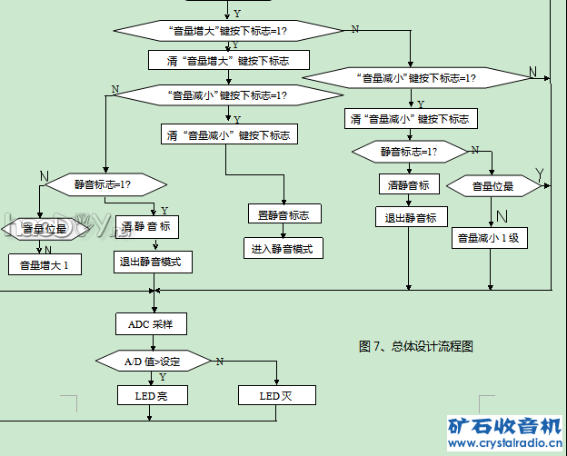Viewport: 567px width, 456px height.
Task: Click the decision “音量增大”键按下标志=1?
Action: (228, 31)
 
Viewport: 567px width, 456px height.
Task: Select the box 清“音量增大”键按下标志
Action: (228, 60)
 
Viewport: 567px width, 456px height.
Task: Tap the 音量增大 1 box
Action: (45, 265)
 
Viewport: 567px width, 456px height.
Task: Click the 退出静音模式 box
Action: (153, 263)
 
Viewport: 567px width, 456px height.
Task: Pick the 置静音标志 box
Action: (283, 215)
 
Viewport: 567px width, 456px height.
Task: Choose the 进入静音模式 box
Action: (283, 247)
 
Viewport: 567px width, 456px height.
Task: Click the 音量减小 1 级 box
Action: (492, 238)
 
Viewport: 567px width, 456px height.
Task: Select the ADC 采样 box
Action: (151, 323)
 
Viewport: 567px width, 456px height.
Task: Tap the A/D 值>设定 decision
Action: (152, 361)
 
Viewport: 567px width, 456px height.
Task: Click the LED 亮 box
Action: (151, 395)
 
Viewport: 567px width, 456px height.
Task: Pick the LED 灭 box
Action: (275, 395)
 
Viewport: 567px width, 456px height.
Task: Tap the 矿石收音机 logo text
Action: (504, 425)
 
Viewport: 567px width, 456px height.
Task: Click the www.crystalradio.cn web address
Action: (504, 443)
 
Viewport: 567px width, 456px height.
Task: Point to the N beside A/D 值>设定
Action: (219, 361)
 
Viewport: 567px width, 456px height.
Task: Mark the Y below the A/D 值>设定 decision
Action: (162, 376)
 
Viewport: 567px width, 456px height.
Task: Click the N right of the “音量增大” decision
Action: (354, 30)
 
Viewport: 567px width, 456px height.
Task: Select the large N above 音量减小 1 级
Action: (501, 216)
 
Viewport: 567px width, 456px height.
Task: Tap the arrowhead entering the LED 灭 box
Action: (275, 383)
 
